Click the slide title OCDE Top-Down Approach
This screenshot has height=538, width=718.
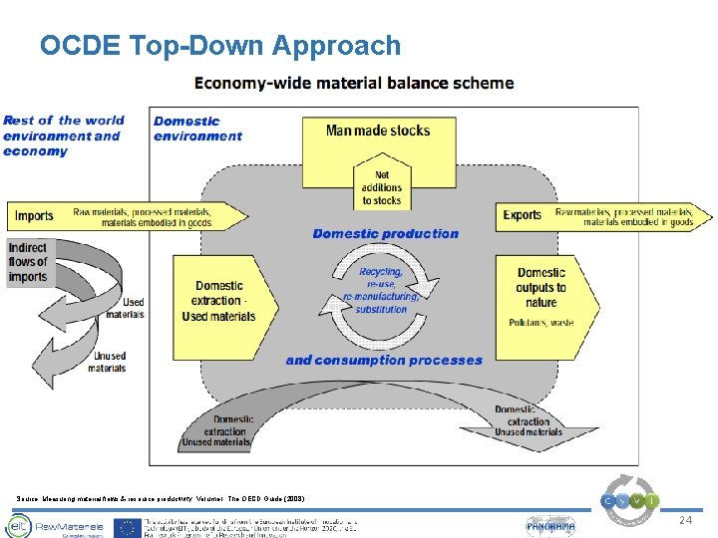tap(220, 46)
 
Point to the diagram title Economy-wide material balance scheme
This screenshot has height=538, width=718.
tap(354, 83)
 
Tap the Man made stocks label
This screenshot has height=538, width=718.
tap(378, 130)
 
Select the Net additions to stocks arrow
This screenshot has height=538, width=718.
tap(382, 186)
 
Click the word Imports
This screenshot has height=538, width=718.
tap(35, 215)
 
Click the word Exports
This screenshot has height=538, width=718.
tap(523, 215)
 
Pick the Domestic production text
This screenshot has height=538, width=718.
tap(385, 234)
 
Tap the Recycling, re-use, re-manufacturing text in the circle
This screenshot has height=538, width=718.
tap(381, 290)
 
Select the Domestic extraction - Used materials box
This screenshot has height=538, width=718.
tap(219, 301)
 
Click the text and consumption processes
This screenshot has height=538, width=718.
tap(383, 361)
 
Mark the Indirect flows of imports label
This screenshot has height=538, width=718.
tap(28, 262)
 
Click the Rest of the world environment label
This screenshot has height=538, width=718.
tap(62, 135)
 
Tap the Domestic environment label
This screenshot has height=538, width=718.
tap(197, 129)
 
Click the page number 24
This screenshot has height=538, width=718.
tap(684, 521)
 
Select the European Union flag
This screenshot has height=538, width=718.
tap(128, 527)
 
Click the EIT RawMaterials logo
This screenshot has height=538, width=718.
tap(50, 526)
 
